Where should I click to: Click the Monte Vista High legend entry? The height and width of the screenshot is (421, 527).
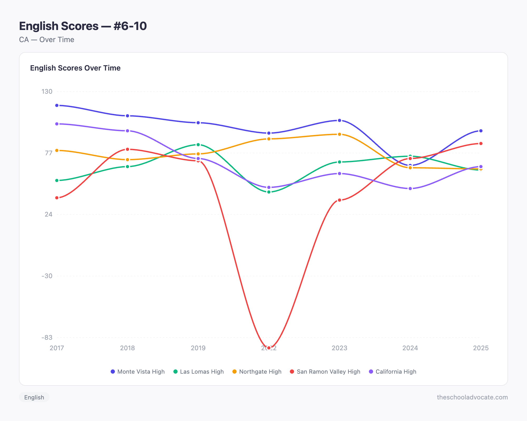(138, 372)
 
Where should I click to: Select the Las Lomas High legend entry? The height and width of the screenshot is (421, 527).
(198, 372)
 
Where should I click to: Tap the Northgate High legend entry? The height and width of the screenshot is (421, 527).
(257, 372)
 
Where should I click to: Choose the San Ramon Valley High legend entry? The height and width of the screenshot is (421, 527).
(325, 372)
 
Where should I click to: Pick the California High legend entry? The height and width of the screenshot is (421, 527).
(393, 372)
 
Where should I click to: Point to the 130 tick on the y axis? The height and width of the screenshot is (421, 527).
(47, 92)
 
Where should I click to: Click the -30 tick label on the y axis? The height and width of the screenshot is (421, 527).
(47, 276)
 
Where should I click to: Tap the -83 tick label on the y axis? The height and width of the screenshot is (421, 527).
(47, 337)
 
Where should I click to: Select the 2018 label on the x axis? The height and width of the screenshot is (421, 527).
(128, 348)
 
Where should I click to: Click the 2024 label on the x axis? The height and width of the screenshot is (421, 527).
(410, 348)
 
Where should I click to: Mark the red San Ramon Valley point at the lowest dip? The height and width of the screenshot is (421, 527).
(269, 348)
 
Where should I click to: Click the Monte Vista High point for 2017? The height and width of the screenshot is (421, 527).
(57, 106)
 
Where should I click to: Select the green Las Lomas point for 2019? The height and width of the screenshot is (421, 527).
(198, 145)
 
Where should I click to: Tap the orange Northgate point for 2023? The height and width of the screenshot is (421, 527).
(339, 134)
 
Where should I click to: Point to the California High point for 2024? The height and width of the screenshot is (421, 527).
(410, 189)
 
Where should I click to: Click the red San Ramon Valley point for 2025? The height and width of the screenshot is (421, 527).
(481, 143)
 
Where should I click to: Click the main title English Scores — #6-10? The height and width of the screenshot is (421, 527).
(83, 26)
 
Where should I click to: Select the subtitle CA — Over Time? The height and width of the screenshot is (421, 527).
(47, 39)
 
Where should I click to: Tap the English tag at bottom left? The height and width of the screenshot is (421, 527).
(34, 397)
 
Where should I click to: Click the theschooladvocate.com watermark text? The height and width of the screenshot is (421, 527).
(472, 397)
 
